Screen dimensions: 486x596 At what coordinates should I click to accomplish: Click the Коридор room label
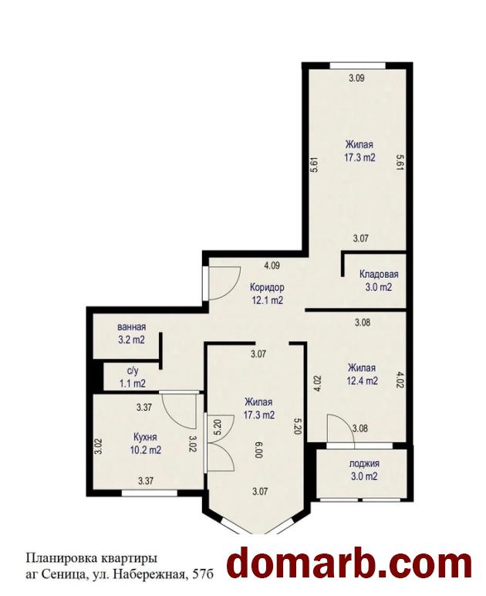click(267, 286)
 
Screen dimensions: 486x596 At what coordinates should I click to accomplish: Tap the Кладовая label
click(379, 274)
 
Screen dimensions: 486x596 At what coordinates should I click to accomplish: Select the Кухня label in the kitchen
click(145, 437)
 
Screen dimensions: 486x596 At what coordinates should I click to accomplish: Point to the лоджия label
click(364, 464)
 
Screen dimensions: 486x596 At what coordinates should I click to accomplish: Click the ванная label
click(131, 327)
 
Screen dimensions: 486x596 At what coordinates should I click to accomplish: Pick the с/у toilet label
click(133, 371)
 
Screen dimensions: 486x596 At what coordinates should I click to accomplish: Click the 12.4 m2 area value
click(362, 381)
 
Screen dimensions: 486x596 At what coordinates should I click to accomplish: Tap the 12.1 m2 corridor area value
click(267, 300)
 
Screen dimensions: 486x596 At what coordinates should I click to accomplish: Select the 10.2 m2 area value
click(146, 450)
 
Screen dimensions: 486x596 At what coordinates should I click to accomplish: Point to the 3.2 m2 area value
click(131, 340)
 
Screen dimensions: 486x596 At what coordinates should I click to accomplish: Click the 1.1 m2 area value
click(133, 384)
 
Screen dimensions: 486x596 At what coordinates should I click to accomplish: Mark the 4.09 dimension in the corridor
click(272, 266)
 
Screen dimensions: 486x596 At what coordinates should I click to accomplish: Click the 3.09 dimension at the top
click(356, 78)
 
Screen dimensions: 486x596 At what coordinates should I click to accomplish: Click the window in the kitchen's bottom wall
click(149, 493)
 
